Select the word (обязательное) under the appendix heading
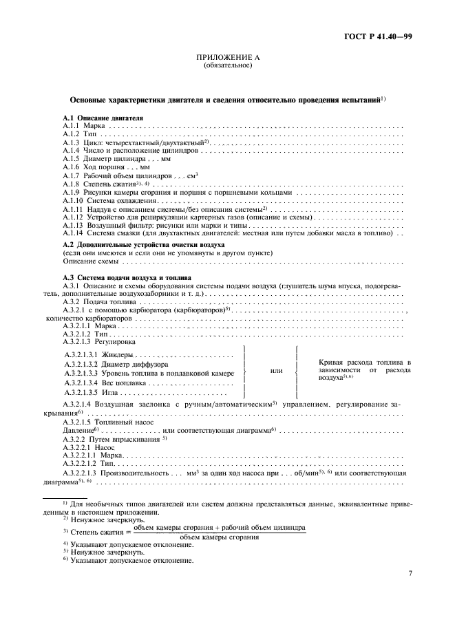(228, 66)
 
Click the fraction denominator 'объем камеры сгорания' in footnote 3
(219, 537)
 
